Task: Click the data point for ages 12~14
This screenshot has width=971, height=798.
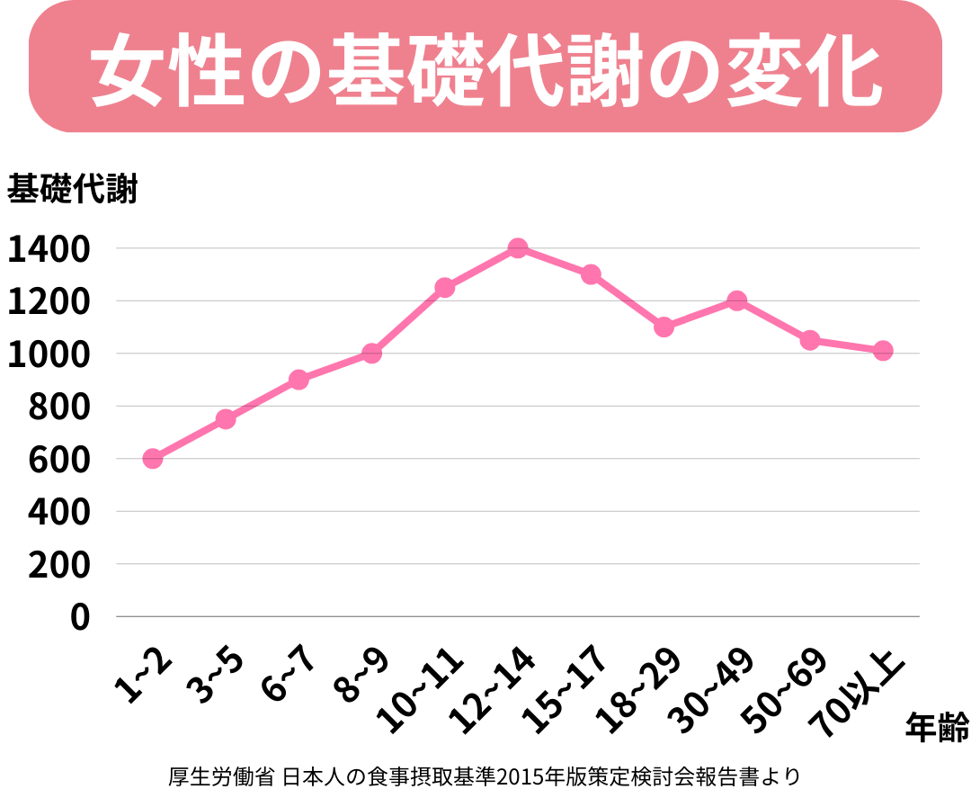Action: (517, 248)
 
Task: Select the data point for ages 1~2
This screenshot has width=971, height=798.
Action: (153, 459)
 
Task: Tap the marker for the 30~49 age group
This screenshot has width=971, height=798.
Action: (736, 300)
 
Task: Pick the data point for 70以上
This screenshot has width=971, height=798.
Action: (883, 351)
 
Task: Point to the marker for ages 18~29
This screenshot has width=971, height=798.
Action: (664, 327)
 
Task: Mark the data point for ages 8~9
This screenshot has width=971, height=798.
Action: (371, 354)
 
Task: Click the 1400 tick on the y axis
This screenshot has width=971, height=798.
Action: (49, 249)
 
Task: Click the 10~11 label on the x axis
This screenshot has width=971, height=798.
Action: (422, 689)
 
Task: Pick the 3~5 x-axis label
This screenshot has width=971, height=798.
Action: (215, 674)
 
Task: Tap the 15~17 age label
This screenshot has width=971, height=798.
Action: (566, 689)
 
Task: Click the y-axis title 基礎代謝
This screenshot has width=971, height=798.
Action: (72, 190)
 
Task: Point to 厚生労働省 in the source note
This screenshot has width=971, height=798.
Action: (220, 776)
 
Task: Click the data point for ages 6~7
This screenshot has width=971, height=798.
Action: (298, 380)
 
